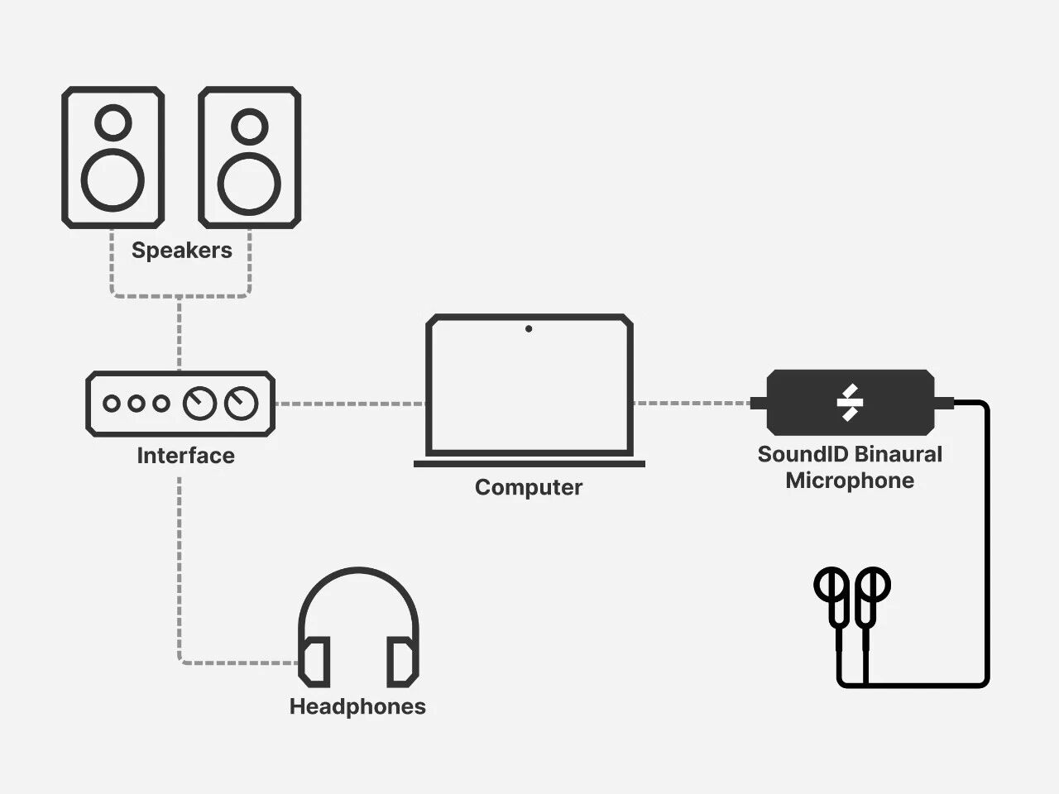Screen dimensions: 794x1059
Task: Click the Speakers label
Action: coord(181,250)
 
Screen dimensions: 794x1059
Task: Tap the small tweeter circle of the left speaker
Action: coord(113,122)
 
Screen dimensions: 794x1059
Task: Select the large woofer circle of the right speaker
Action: coord(248,182)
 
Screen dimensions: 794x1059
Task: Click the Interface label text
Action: coord(185,456)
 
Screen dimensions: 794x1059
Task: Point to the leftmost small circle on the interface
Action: coord(112,404)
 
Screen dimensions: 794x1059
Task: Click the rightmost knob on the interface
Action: coord(241,404)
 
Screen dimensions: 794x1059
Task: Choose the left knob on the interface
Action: coord(199,404)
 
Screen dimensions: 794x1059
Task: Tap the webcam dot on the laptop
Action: coord(529,329)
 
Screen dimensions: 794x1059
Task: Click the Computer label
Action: coord(528,487)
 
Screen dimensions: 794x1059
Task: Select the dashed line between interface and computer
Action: coord(349,404)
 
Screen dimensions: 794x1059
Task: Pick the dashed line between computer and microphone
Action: coord(692,403)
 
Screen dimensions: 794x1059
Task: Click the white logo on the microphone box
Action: coord(850,403)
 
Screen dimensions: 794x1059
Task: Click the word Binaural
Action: coord(897,454)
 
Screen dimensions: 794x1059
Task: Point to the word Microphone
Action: coord(850,481)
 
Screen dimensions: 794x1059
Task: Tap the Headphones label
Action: coord(357,706)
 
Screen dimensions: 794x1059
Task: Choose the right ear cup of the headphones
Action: coord(401,661)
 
